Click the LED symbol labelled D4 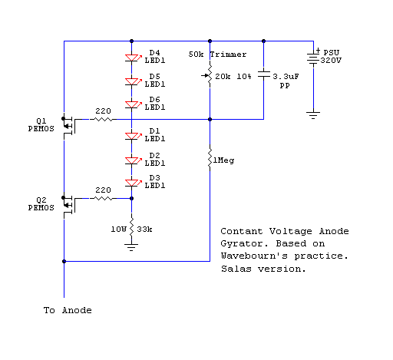coord(133,58)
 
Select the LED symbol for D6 coord(133,105)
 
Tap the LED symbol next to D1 coord(133,136)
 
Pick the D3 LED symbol coord(133,183)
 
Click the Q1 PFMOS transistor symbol coord(68,126)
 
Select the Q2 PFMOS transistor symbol coord(68,205)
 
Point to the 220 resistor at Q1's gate coord(103,119)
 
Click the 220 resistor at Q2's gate coord(103,198)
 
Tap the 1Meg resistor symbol coord(210,158)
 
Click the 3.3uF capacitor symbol coord(263,74)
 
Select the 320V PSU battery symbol coord(313,58)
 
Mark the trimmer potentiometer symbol coord(209,75)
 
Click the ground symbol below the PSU coord(313,115)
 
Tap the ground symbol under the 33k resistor coord(131,247)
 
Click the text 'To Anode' coord(68,310)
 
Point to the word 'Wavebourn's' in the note coord(254,256)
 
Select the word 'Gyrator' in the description coord(244,243)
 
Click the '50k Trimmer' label coord(217,54)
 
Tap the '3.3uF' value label coord(286,77)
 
